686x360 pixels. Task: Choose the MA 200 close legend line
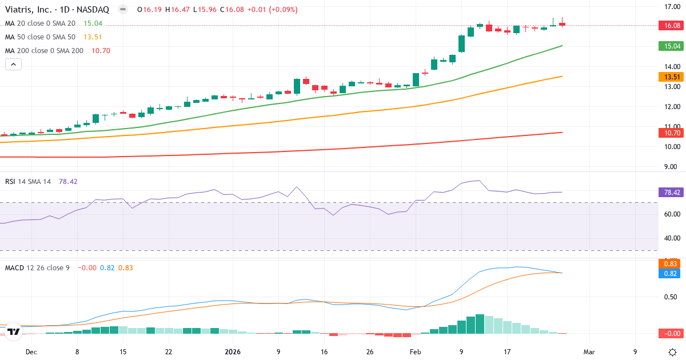tap(44, 51)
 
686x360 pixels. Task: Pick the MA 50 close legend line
tap(42, 37)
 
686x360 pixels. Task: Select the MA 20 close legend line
tap(42, 23)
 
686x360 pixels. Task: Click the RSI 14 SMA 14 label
tap(28, 181)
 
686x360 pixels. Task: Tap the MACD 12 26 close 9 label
tap(37, 267)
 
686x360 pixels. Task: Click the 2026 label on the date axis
tap(233, 352)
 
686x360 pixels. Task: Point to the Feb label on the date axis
tap(416, 352)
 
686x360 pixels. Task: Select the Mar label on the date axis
tap(589, 352)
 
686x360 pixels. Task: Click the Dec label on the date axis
tap(31, 352)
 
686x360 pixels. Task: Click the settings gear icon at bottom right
tap(673, 351)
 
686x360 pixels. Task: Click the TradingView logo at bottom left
tap(14, 331)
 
